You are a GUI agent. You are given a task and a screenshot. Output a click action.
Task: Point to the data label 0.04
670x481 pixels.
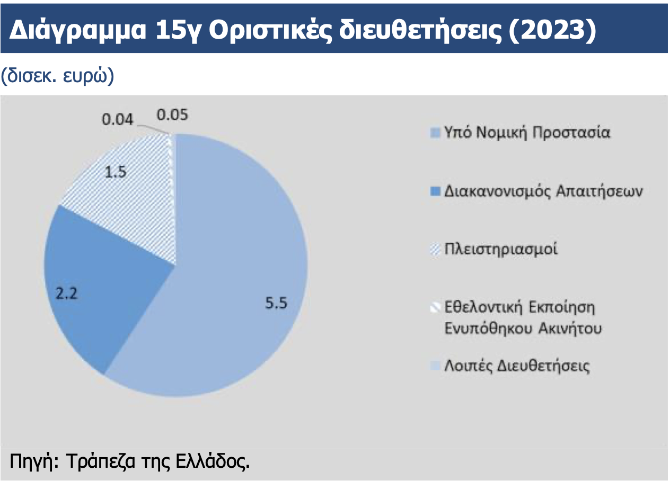[117, 120]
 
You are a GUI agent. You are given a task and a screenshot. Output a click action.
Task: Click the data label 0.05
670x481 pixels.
[172, 115]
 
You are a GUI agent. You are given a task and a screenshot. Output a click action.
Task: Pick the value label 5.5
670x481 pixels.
[276, 302]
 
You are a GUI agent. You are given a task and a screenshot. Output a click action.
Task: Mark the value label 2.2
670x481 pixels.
[66, 293]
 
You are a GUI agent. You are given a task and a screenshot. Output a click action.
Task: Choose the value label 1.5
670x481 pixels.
[116, 172]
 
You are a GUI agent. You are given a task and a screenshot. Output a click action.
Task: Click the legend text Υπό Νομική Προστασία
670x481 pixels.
[527, 132]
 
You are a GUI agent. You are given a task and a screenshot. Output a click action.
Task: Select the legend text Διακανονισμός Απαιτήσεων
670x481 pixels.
[543, 191]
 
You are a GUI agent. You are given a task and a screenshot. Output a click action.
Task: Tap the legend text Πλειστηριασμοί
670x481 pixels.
[501, 249]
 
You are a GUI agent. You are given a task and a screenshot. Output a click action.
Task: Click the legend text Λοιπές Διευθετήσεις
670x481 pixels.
[517, 366]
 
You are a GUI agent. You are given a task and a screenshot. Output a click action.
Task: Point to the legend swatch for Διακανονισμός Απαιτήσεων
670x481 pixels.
[435, 192]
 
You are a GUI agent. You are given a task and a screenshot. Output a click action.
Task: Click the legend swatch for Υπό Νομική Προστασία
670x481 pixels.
[435, 133]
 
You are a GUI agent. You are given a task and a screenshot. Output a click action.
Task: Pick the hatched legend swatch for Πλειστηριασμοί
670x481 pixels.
[435, 250]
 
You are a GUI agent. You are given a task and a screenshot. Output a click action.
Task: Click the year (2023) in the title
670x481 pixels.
[552, 30]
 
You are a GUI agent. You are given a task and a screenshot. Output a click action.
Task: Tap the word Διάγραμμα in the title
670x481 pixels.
[78, 30]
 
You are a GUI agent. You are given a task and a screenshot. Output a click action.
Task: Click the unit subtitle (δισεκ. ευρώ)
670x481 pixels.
[57, 76]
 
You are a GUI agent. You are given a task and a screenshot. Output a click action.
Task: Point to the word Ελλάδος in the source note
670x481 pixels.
[213, 461]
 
